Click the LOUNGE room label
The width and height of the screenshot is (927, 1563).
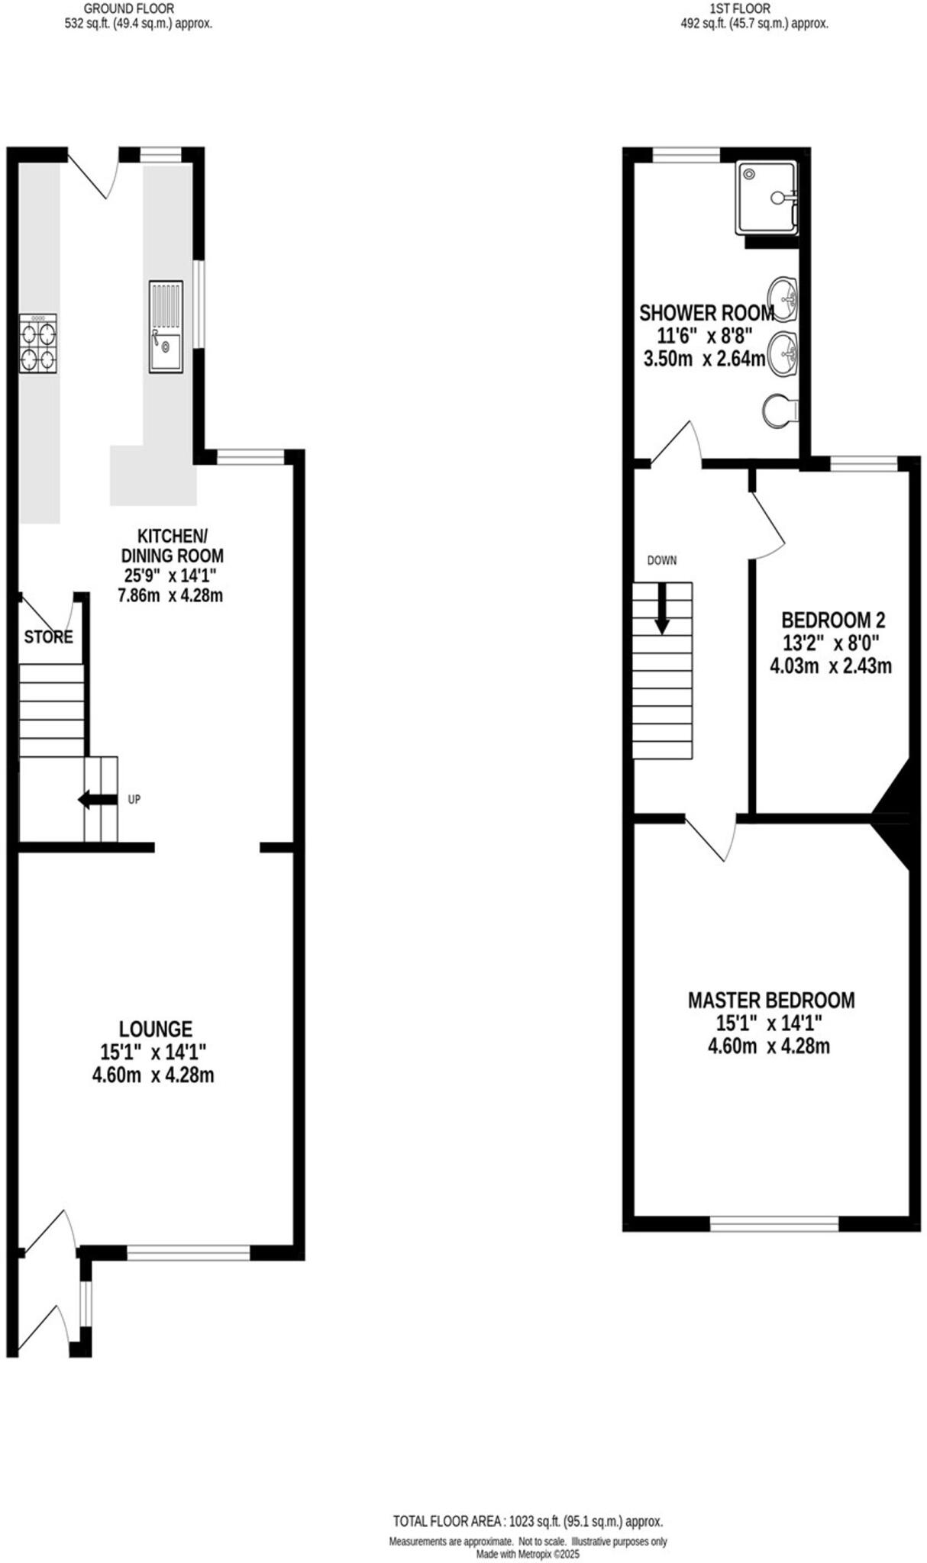(x=155, y=1029)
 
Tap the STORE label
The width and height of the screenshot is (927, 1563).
(x=48, y=636)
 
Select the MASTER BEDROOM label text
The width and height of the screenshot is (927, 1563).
(x=771, y=1000)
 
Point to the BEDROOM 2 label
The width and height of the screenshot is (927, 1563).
(x=833, y=619)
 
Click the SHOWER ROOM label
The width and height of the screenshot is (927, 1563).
(x=706, y=312)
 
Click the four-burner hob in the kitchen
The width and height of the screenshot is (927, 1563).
(x=37, y=343)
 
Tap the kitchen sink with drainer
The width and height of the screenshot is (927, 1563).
(x=166, y=327)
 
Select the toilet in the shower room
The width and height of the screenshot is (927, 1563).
(x=779, y=411)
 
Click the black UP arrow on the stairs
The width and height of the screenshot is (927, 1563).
(x=97, y=800)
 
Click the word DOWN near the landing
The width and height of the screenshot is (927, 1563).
(x=662, y=560)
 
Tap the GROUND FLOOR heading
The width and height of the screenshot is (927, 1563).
(x=128, y=8)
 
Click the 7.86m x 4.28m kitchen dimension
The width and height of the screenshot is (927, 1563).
(x=170, y=595)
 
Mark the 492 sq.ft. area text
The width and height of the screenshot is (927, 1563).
(x=754, y=24)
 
